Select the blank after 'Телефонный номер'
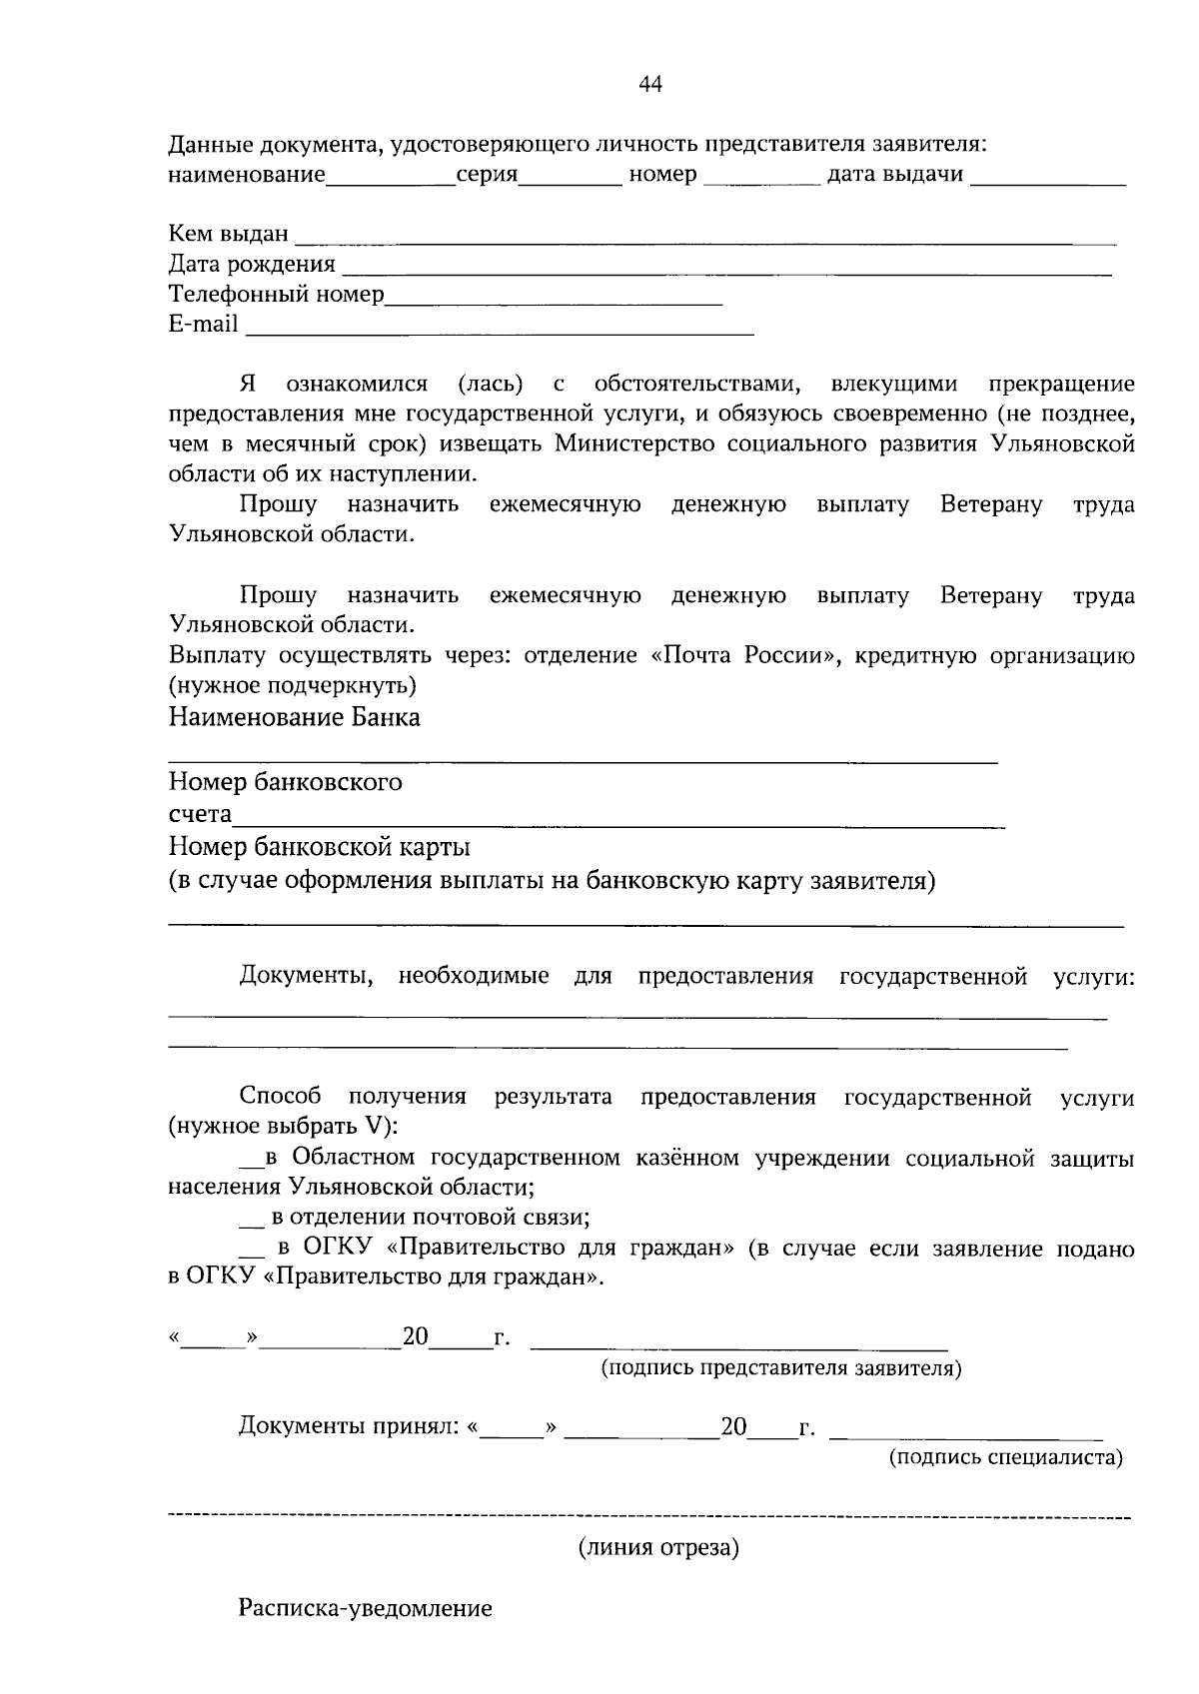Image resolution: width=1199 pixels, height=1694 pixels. [x=554, y=298]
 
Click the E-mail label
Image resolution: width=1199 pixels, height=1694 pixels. [x=203, y=324]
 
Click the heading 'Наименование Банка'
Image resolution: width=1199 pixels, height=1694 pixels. [x=294, y=717]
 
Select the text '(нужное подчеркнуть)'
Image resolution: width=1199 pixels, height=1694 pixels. [x=292, y=686]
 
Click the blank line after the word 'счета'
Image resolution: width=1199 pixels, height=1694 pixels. [x=617, y=821]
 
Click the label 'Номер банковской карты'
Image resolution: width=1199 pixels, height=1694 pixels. [x=319, y=848]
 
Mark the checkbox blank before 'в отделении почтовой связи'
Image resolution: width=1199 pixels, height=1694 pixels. [x=252, y=1221]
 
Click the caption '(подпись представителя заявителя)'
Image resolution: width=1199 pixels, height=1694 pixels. [x=780, y=1368]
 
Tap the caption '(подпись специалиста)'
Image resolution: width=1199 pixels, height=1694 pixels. [x=1005, y=1457]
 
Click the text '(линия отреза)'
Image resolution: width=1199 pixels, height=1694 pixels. [x=658, y=1548]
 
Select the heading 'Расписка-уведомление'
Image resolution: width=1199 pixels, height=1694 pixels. [x=365, y=1609]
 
